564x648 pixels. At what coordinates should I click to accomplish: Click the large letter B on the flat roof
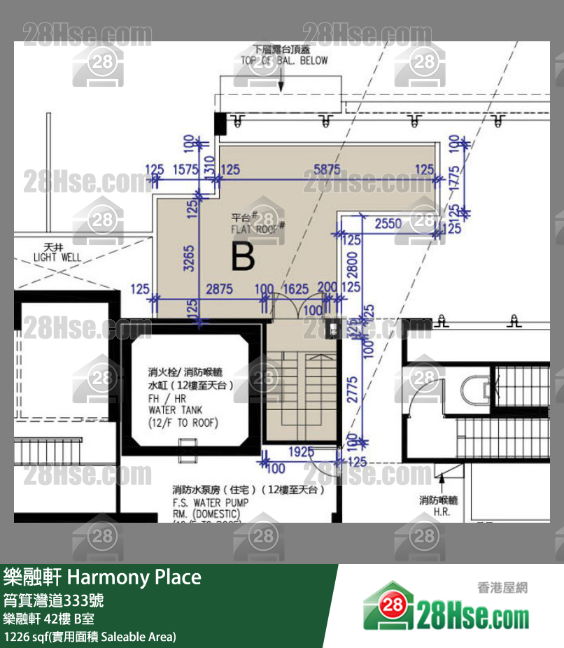point(243,257)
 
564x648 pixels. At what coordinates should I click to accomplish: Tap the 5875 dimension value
point(327,169)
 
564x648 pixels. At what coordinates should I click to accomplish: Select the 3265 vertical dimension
point(189,258)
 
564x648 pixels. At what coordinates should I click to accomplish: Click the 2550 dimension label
point(388,224)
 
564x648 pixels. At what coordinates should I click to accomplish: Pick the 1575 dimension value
point(185,169)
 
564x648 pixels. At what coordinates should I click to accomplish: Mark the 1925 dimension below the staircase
point(301,453)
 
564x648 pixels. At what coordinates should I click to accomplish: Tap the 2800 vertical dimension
point(353,264)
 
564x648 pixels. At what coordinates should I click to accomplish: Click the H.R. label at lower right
point(441,512)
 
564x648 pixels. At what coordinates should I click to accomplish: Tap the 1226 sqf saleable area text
point(90,636)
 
